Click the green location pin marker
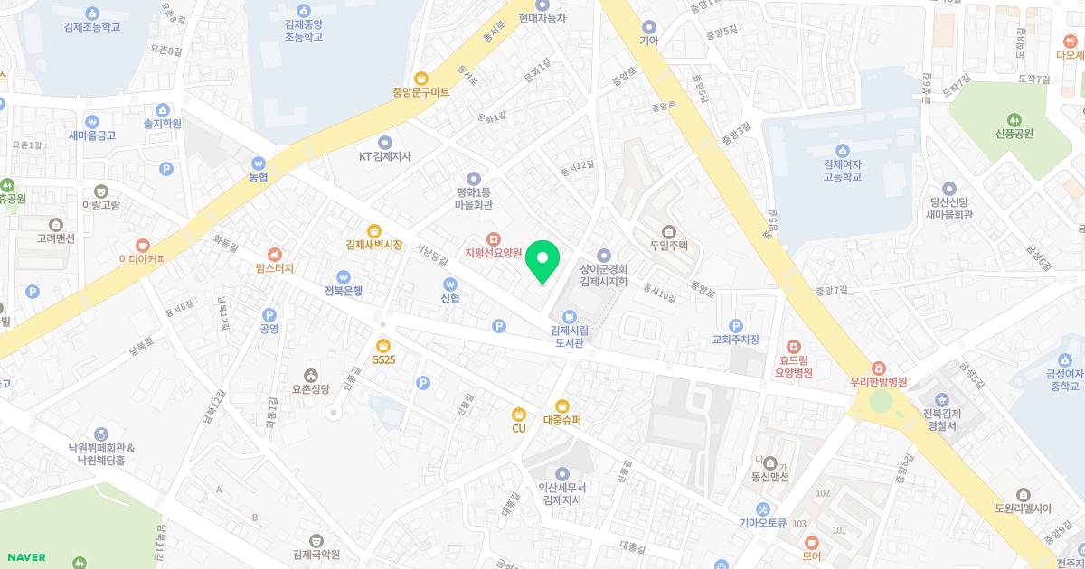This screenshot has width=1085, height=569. point(542,262)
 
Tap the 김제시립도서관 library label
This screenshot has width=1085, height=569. point(568,336)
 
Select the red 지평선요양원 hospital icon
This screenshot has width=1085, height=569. point(494,238)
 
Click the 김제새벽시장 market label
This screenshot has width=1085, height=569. point(373,244)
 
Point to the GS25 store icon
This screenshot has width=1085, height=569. point(383,344)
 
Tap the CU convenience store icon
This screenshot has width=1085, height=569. point(518,414)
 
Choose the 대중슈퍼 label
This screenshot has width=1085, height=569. point(562,420)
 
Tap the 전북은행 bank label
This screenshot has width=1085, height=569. point(344,291)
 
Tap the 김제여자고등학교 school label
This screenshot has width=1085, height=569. point(843,170)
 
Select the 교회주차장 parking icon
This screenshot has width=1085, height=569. point(735,325)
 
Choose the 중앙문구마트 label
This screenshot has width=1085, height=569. point(420,92)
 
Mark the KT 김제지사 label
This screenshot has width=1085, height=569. point(384,155)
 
